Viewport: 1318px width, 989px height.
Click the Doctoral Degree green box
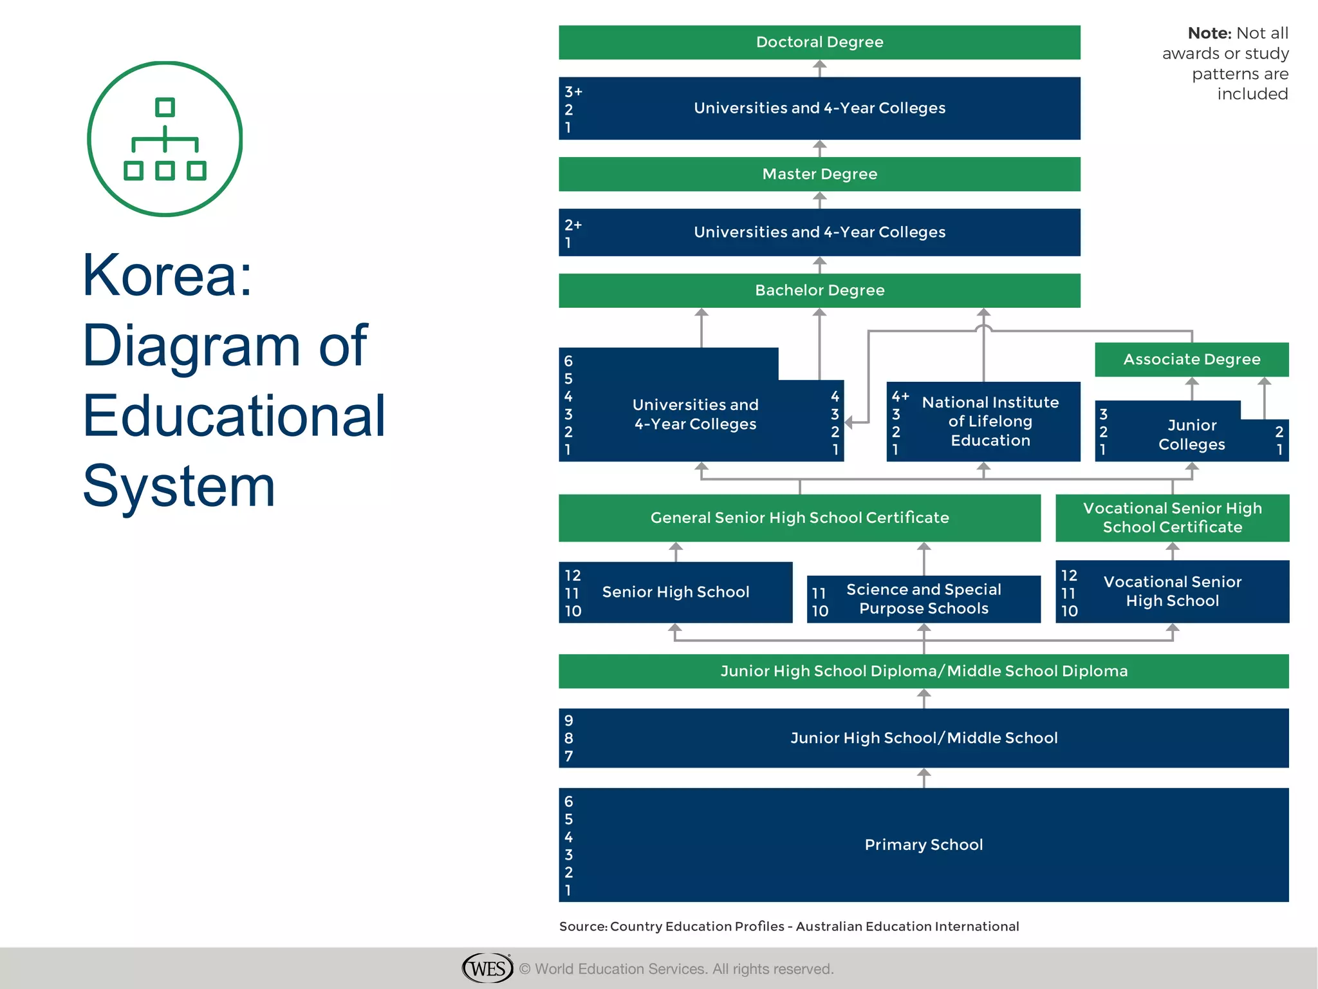point(819,42)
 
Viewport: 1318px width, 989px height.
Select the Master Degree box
point(819,174)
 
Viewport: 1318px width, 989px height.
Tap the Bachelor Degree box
point(819,290)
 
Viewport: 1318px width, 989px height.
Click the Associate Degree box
point(1191,359)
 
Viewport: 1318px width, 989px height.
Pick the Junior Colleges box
point(1191,435)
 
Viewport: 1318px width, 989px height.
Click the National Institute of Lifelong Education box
point(990,422)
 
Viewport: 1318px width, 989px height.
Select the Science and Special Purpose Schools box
point(924,599)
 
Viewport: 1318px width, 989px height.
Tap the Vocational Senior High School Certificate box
point(1172,518)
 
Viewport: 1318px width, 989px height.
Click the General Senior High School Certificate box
point(799,518)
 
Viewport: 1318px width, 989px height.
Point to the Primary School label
point(924,845)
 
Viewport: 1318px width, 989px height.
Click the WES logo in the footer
point(487,968)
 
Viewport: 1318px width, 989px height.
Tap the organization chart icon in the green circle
point(165,139)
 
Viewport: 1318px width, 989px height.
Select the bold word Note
point(1209,33)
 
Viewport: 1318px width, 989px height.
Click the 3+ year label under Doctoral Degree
point(573,91)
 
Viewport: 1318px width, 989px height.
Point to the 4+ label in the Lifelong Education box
point(900,396)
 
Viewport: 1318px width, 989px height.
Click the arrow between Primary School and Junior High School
point(924,777)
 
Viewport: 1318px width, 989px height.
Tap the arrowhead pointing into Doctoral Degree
point(819,65)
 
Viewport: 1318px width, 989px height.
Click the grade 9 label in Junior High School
point(569,721)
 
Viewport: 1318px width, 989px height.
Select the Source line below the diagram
point(789,927)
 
